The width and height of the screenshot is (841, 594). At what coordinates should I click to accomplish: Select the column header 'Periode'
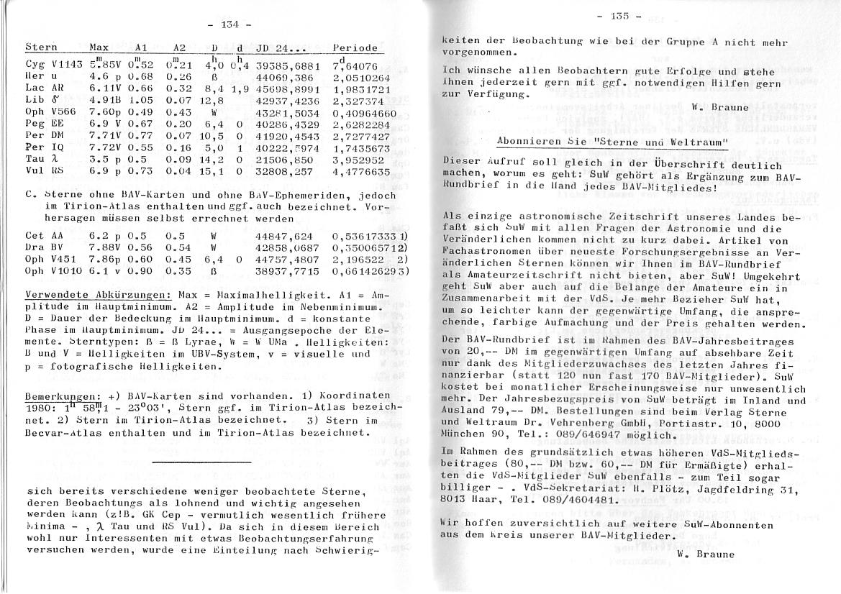pos(355,47)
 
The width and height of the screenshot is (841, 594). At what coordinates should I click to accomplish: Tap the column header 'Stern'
pos(40,47)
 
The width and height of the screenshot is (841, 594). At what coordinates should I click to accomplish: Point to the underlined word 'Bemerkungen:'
pos(60,397)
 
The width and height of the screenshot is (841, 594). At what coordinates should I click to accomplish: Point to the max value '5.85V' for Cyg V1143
pos(103,65)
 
